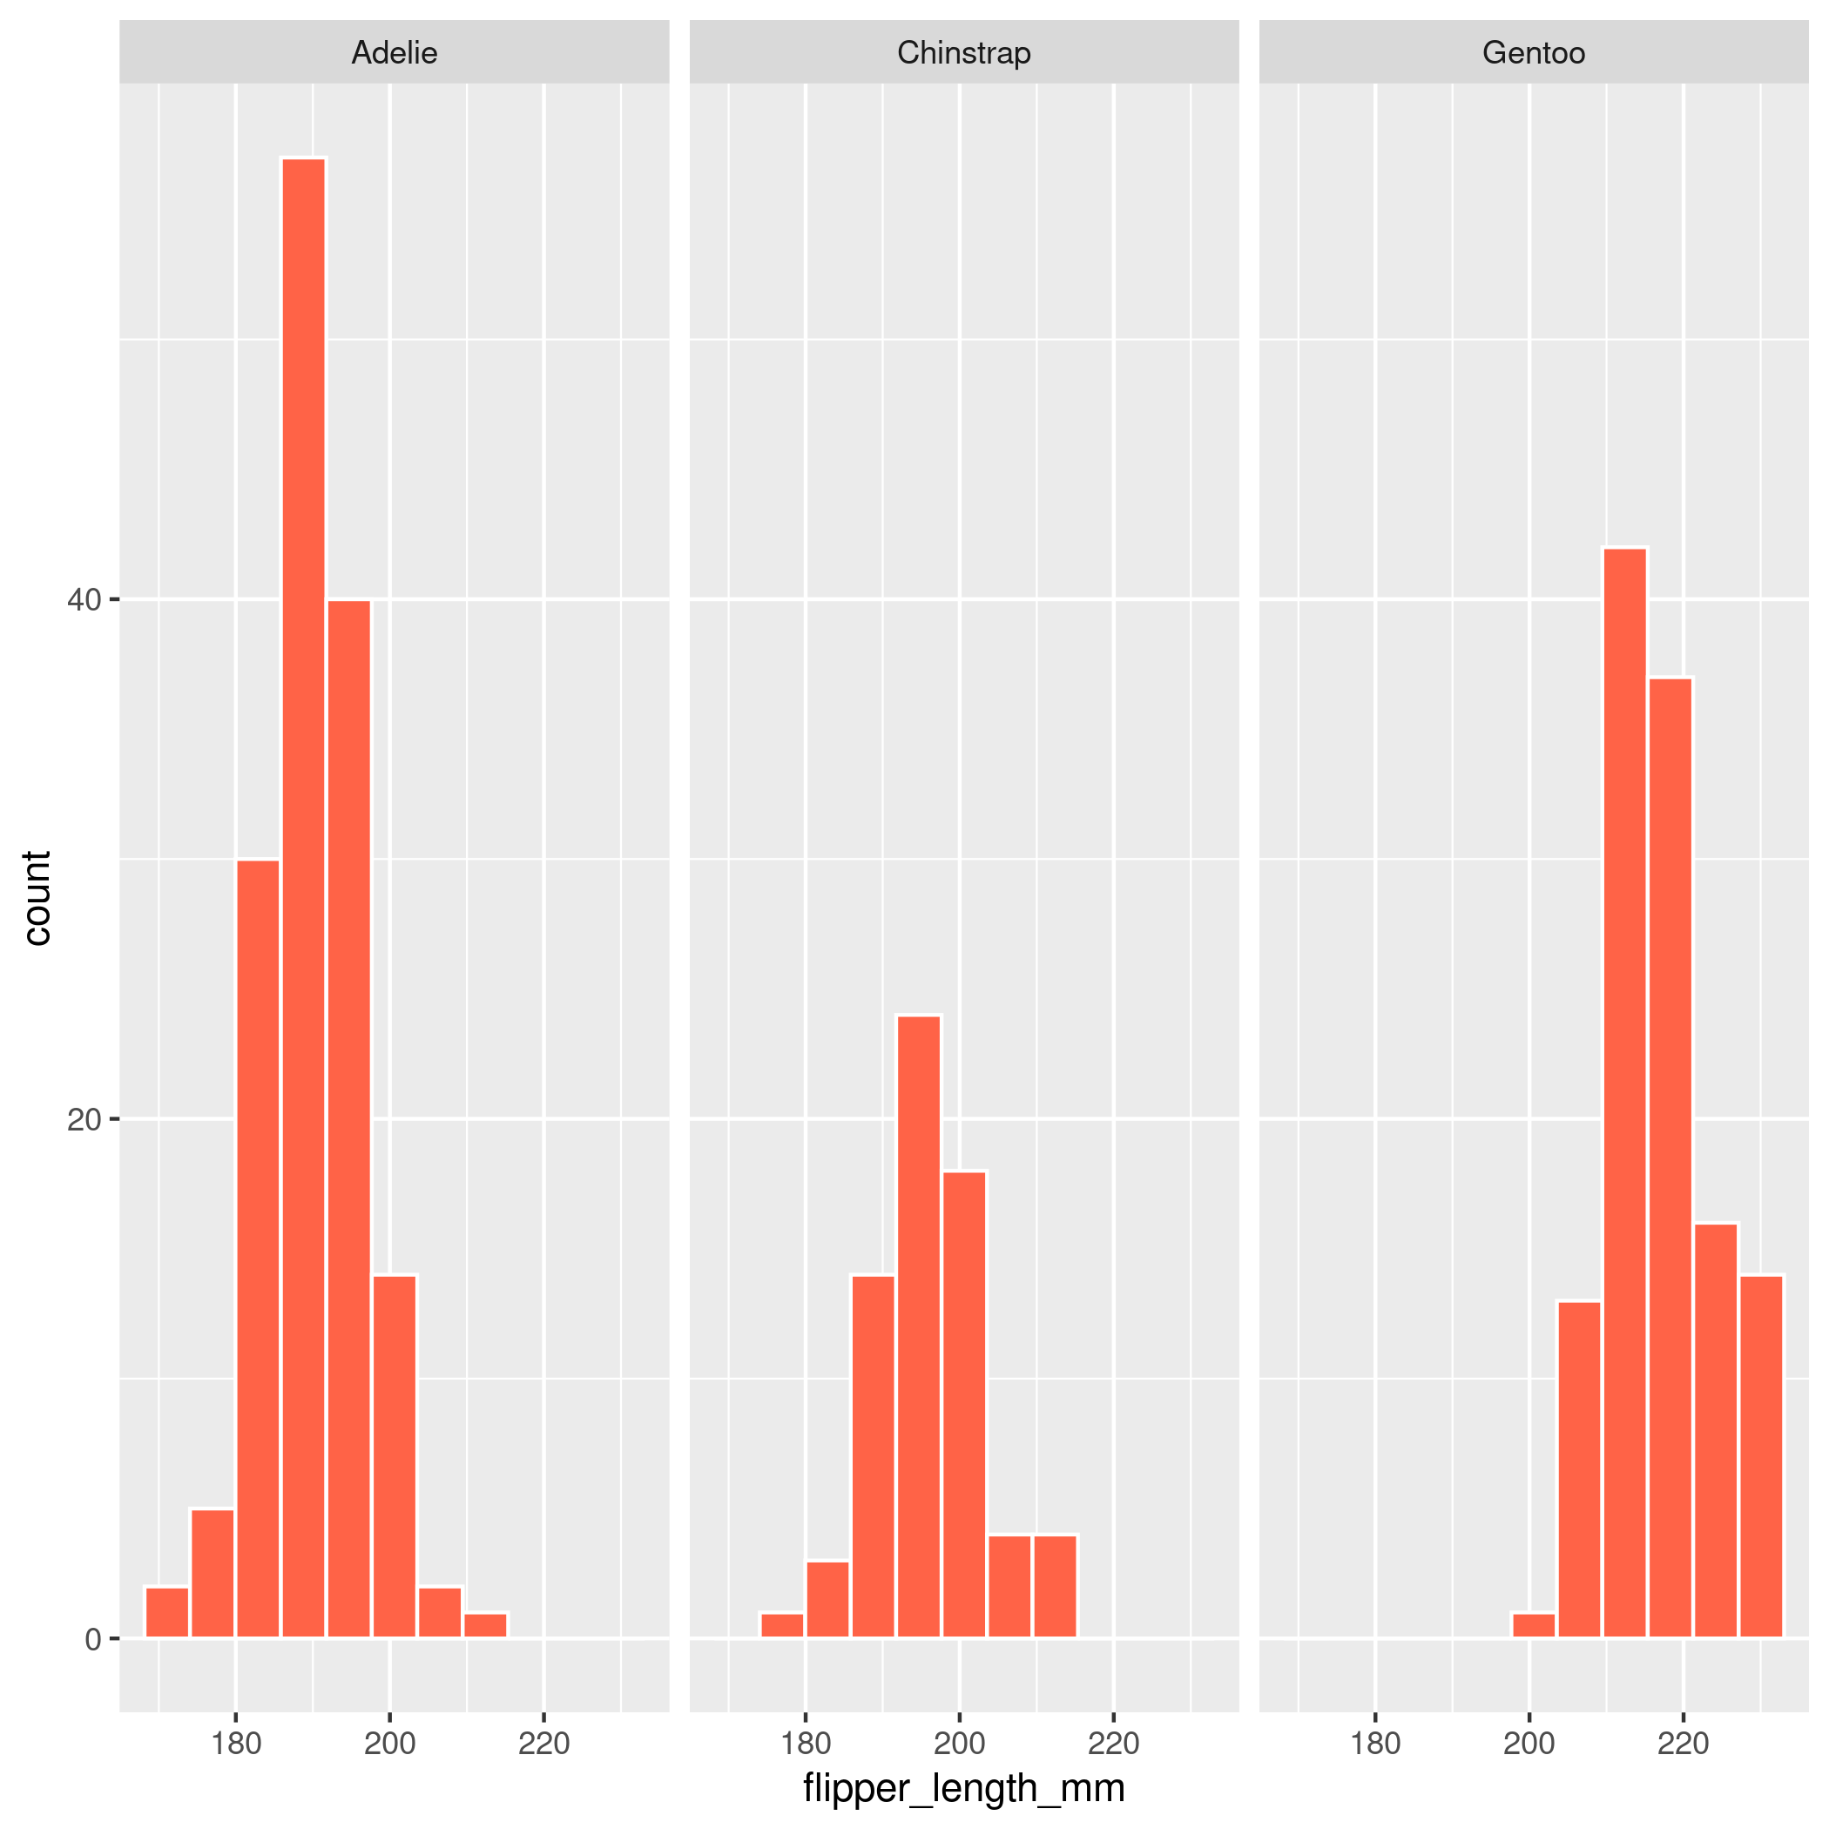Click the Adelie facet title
(x=394, y=52)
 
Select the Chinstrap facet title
(x=964, y=52)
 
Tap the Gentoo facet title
(x=1534, y=52)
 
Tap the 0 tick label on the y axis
(x=93, y=1640)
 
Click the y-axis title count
(x=36, y=897)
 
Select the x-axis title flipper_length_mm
(x=964, y=1787)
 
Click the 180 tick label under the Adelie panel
(x=236, y=1743)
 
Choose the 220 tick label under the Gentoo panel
(x=1684, y=1743)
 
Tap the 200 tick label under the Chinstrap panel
(x=959, y=1743)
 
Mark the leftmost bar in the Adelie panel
(x=166, y=1613)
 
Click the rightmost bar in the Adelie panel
(x=486, y=1625)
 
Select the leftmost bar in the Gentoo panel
(x=1534, y=1625)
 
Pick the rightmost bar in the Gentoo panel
(x=1761, y=1457)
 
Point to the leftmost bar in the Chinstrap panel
(x=782, y=1625)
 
